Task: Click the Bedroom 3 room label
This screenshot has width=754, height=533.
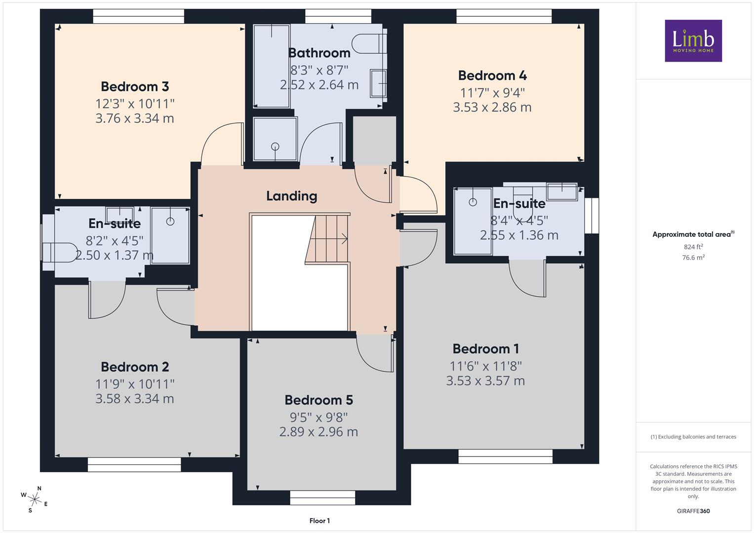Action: (x=135, y=86)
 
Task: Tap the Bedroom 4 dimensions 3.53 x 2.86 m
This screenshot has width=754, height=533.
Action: (x=492, y=108)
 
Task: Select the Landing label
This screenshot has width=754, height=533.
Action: (x=291, y=196)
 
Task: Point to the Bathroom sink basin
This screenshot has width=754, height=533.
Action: (x=378, y=83)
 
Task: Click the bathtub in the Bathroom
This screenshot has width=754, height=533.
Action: (x=271, y=66)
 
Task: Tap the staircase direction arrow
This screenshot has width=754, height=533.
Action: (x=328, y=239)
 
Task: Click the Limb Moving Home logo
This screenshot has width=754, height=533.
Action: (x=693, y=40)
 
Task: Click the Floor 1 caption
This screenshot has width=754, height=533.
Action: (x=319, y=521)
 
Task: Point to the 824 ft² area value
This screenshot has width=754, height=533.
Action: (x=693, y=247)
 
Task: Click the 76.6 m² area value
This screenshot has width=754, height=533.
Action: (x=693, y=258)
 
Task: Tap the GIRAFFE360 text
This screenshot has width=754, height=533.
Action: (x=693, y=511)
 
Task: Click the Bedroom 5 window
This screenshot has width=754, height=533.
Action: (x=322, y=497)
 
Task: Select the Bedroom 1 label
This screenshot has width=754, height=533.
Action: (x=485, y=349)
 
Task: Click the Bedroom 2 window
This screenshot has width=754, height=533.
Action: (x=134, y=464)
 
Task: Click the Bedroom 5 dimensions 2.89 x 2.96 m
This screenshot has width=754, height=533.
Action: (x=318, y=432)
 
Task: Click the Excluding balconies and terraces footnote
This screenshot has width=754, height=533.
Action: (x=693, y=437)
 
